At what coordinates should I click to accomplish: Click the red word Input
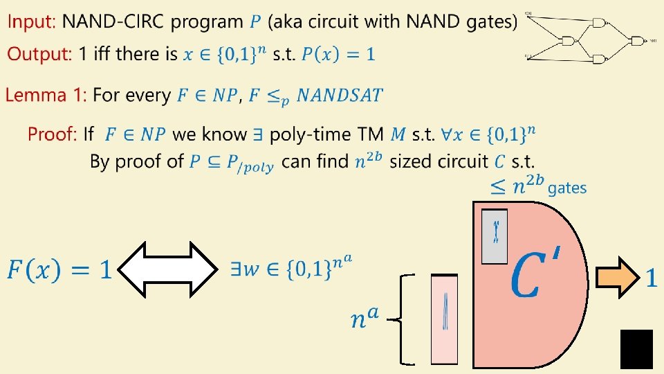[30, 22]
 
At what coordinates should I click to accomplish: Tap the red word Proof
[52, 134]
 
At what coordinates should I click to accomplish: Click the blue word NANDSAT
[340, 96]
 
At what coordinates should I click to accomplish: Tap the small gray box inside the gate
[495, 236]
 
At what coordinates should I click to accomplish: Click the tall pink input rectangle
[444, 319]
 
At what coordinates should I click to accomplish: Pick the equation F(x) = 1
[59, 269]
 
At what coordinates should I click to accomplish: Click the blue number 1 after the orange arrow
[650, 278]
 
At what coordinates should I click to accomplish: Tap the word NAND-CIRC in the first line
[113, 22]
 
